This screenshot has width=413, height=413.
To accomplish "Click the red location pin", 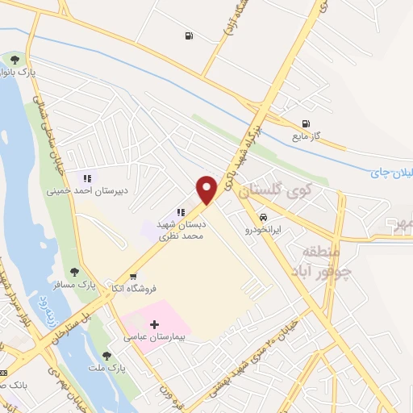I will point(208,189).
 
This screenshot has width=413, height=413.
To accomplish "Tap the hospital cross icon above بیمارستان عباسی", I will point(154,323).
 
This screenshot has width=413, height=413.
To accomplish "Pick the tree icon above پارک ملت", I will point(106,355).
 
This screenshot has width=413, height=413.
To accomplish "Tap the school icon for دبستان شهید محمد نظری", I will point(170,212).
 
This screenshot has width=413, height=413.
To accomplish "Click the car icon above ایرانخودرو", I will point(263,218).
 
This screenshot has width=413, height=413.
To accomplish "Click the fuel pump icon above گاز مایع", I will point(305,124).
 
